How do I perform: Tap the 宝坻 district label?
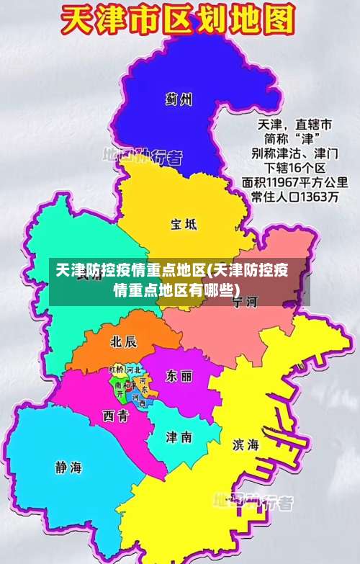pos(184,224)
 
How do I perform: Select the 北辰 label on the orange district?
pos(123,341)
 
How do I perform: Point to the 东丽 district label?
pos(179,376)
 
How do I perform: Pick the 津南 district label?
pos(179,437)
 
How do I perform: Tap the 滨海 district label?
pos(246,444)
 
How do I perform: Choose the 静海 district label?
pos(68,467)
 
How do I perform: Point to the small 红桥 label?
pos(116,370)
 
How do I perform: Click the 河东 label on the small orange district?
pos(144,385)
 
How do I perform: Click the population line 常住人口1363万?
pos(294,197)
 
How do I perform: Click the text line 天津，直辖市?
pos(295,123)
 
